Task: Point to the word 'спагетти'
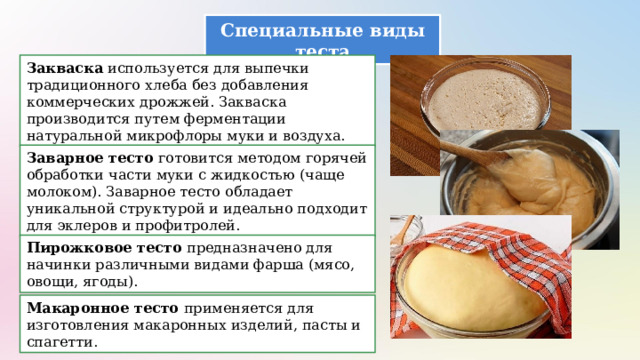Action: tap(62, 342)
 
